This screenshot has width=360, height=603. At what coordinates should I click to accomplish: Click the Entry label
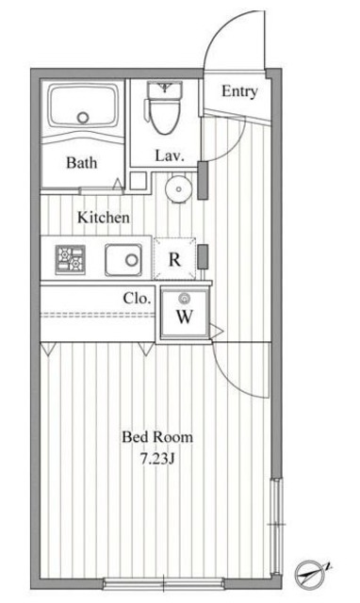point(239,91)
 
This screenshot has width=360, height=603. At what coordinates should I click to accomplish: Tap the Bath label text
point(82,163)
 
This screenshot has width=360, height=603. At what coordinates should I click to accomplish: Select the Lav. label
point(170,155)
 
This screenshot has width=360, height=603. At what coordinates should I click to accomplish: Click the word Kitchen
point(103,218)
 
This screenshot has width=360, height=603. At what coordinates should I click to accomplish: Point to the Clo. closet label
point(137,298)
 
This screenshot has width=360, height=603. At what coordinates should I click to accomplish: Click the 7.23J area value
point(157,459)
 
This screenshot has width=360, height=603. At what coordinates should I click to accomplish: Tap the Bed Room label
point(157,437)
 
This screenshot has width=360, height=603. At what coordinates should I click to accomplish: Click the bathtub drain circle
point(83,117)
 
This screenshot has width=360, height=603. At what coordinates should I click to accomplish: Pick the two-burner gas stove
point(70,260)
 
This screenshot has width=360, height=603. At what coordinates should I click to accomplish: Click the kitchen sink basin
point(123,260)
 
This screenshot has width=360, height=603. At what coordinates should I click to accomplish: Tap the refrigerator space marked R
point(174,259)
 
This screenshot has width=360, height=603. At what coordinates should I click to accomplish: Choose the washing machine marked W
point(185,313)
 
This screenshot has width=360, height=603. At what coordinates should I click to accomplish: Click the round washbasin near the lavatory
point(179,188)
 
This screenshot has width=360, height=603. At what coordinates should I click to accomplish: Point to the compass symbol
point(311,575)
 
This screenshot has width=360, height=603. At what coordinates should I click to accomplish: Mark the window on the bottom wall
point(163,583)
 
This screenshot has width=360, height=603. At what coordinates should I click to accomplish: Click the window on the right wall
point(276,527)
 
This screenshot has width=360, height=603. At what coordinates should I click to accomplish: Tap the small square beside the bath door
point(139,181)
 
